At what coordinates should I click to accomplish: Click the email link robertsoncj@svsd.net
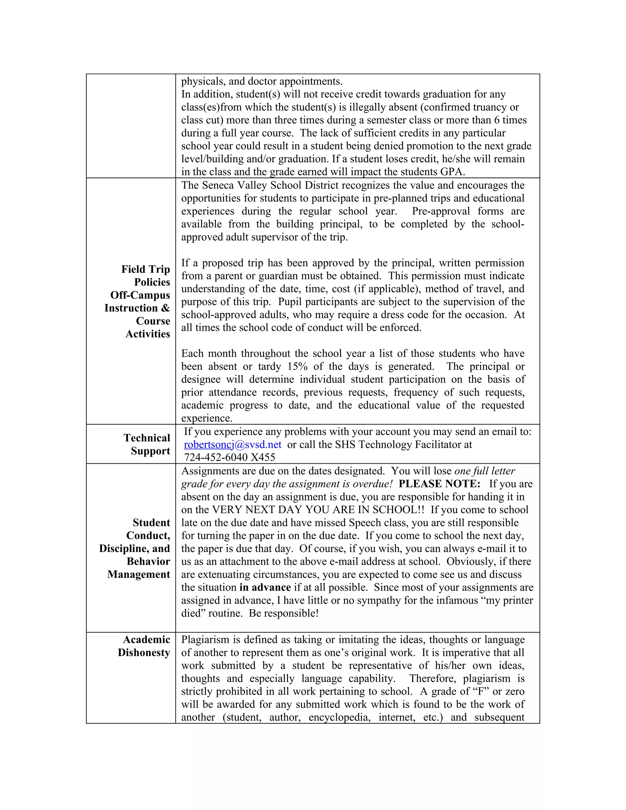[233, 444]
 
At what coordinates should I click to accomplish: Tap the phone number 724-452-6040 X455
[230, 457]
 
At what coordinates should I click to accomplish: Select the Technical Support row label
[147, 444]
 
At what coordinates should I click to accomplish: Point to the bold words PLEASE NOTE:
[439, 484]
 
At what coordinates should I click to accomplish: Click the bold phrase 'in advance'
[265, 587]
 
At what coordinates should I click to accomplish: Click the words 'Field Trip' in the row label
[145, 269]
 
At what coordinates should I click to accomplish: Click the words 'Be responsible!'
[283, 613]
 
